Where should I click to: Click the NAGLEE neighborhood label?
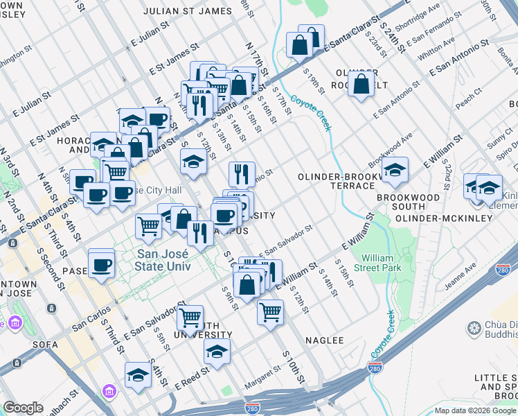tap(325, 340)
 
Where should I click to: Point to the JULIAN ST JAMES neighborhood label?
tap(188, 11)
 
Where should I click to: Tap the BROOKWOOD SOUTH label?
tap(418, 202)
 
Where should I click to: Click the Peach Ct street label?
tap(468, 100)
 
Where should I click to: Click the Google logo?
tap(23, 408)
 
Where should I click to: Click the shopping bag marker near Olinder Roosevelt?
tap(361, 85)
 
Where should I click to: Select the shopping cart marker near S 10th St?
tap(269, 311)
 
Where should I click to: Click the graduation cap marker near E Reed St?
tap(217, 352)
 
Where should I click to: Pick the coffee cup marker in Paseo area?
tap(102, 264)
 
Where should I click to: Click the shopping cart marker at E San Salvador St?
tap(190, 319)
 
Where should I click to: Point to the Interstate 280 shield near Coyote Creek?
tap(375, 368)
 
